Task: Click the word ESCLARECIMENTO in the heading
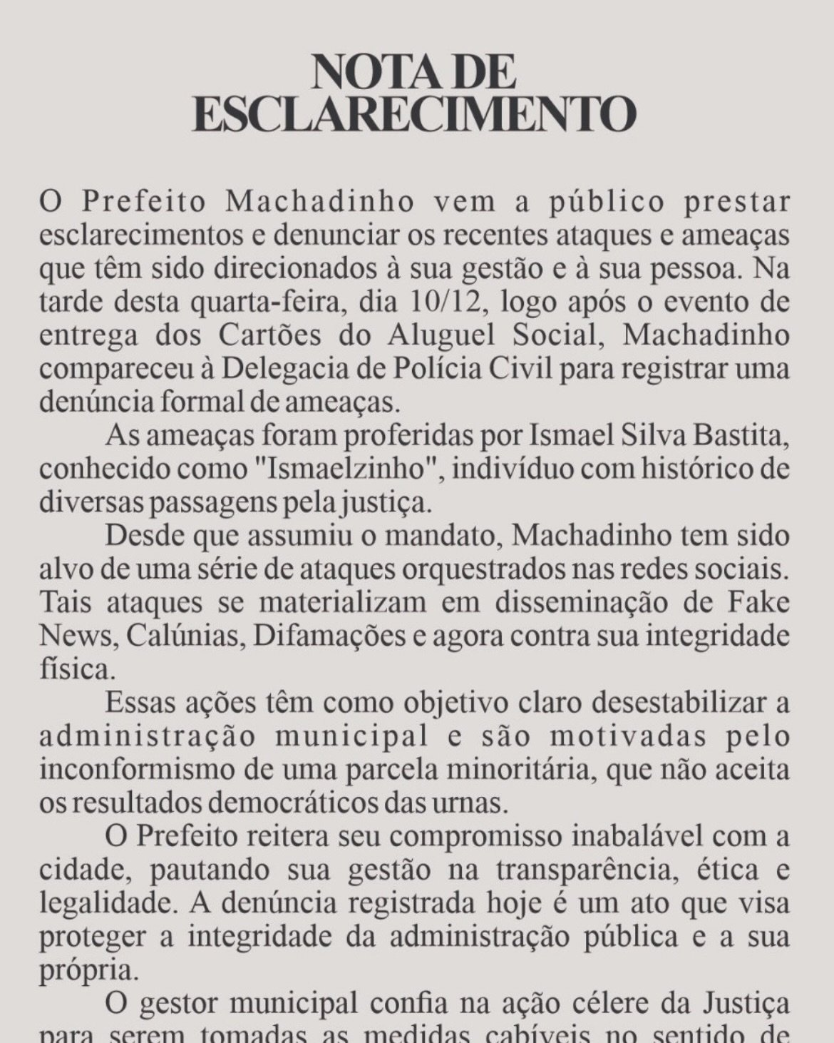click(x=415, y=114)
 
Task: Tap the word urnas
click(x=476, y=803)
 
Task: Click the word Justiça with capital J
click(x=748, y=1004)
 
